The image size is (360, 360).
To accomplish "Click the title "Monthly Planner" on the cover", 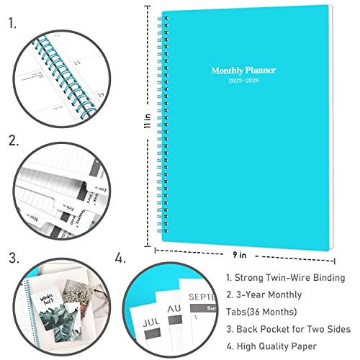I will (243, 71).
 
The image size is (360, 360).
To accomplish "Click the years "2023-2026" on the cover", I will (243, 81).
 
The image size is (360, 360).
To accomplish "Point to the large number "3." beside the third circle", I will (13, 257).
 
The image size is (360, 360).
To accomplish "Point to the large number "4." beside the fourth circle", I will (120, 257).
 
